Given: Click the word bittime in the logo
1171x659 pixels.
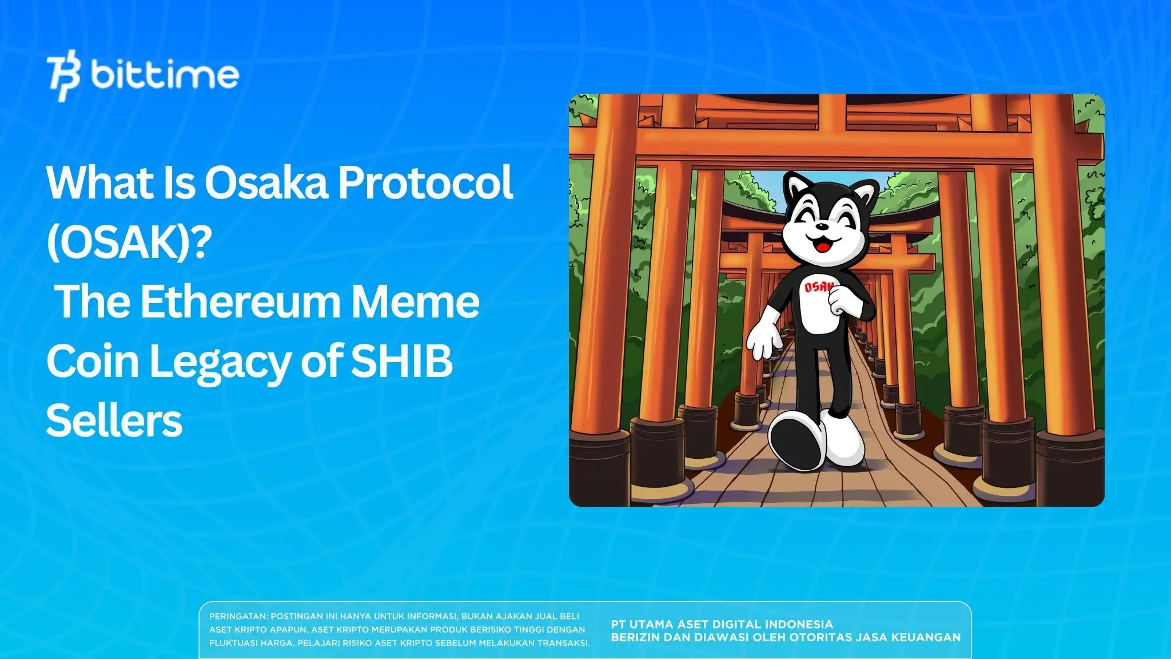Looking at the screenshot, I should pyautogui.click(x=165, y=74).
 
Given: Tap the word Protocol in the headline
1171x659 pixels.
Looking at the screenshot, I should pyautogui.click(x=425, y=183).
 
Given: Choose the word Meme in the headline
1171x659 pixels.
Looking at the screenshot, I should pyautogui.click(x=415, y=302).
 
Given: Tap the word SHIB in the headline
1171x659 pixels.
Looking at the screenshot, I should pyautogui.click(x=401, y=362).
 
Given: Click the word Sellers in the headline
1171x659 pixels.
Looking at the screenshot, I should pyautogui.click(x=114, y=422).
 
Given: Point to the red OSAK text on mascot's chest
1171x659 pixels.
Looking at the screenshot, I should pyautogui.click(x=818, y=287).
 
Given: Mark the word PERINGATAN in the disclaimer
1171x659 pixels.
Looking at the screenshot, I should pyautogui.click(x=238, y=617).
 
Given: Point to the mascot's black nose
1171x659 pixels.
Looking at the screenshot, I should pyautogui.click(x=822, y=227).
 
